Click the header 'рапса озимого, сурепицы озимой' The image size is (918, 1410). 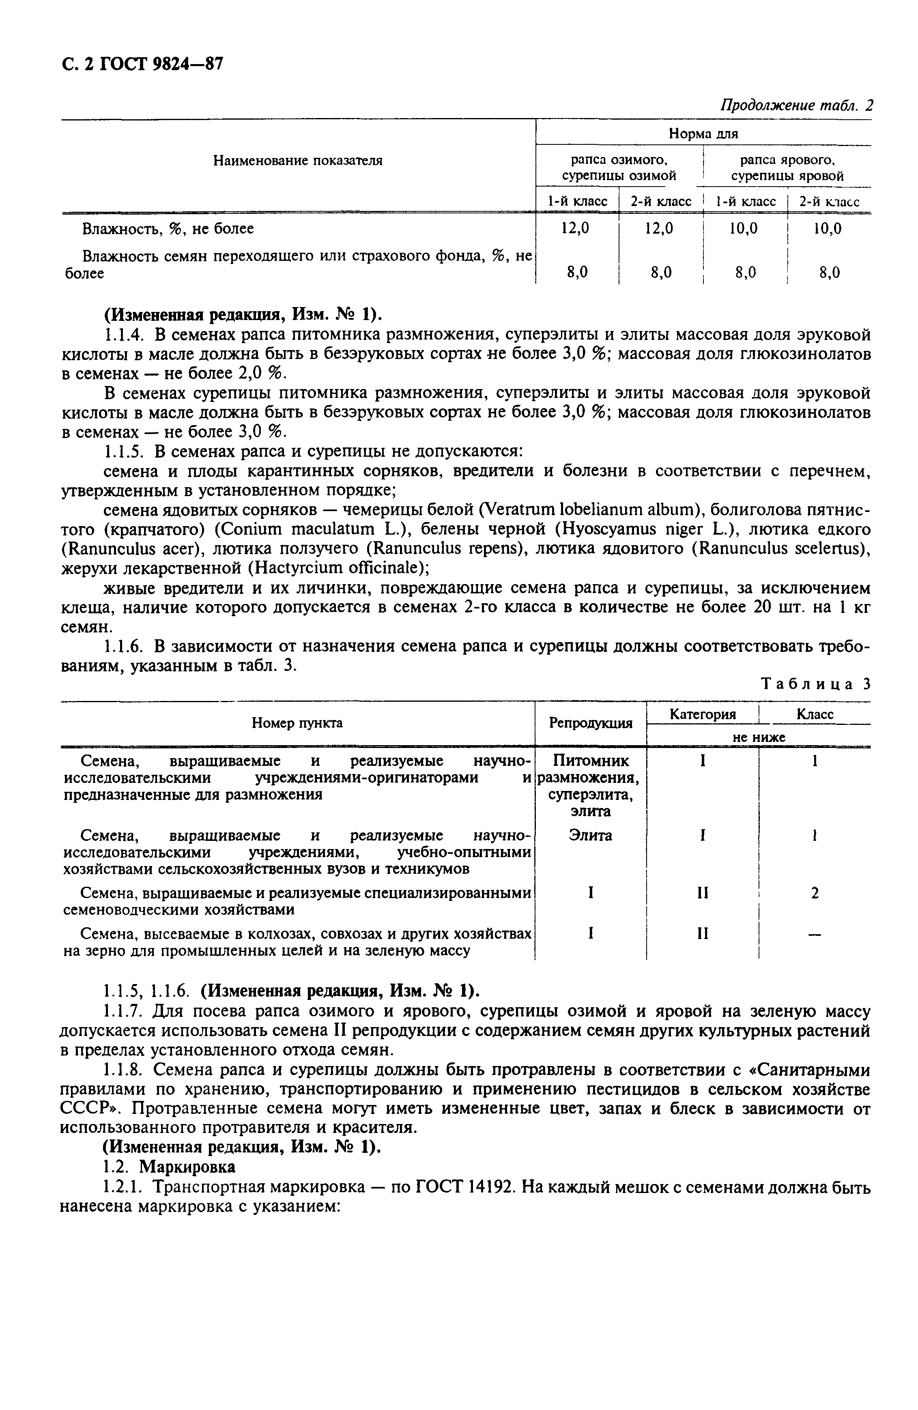coord(619,168)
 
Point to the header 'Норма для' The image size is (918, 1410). coord(703,134)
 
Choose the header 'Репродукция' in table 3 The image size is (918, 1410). coord(590,723)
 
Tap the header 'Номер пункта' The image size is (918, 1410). coord(297,723)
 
